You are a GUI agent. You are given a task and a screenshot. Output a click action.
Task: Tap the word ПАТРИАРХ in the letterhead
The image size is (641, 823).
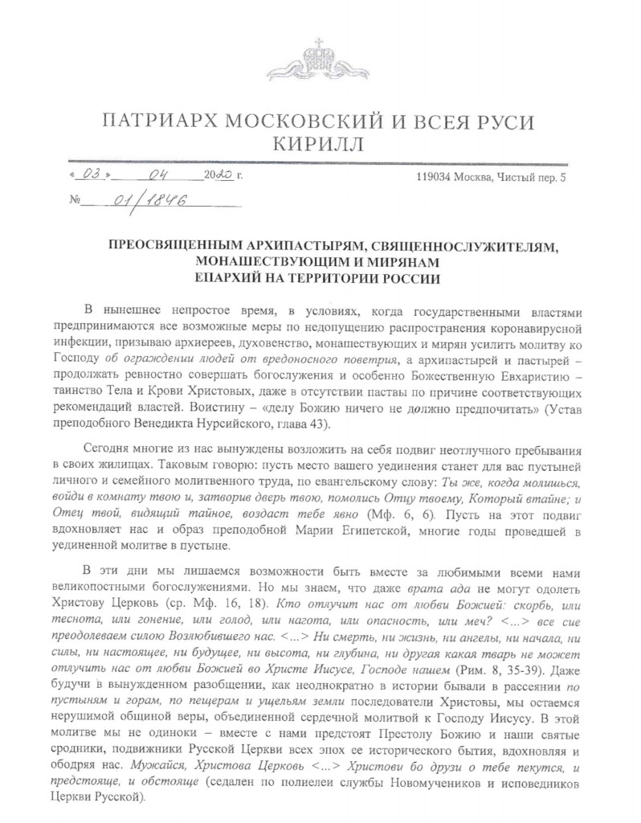(168, 121)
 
